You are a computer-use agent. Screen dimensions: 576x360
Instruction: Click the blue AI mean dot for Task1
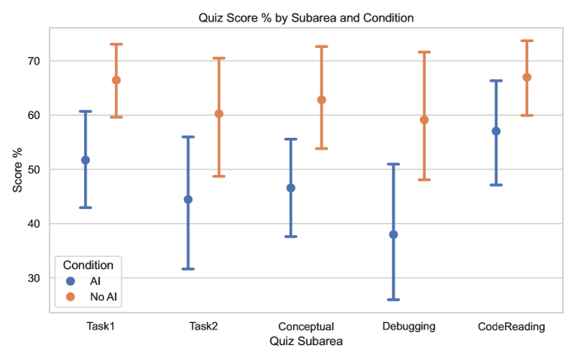(x=85, y=160)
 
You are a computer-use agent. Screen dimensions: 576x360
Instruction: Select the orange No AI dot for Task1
(x=116, y=80)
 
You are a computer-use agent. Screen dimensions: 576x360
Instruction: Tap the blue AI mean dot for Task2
(x=188, y=199)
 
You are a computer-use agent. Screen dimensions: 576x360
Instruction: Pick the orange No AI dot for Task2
(x=219, y=114)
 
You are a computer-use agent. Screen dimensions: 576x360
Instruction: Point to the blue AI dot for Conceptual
(x=290, y=188)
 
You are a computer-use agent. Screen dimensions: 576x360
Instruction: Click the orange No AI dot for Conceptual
(x=322, y=100)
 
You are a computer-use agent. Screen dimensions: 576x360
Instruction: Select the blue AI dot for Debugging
(x=394, y=234)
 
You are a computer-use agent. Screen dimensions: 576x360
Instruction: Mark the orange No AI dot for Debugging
(x=424, y=120)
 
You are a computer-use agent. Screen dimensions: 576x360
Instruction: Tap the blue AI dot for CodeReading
(x=496, y=131)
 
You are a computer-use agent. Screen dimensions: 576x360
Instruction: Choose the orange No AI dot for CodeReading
(x=526, y=78)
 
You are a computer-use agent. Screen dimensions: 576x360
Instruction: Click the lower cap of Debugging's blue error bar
(x=394, y=300)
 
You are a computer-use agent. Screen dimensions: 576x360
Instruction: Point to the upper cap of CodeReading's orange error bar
(x=526, y=40)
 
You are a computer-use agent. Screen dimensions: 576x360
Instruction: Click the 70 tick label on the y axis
(x=34, y=61)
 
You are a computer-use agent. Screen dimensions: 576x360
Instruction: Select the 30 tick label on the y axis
(x=34, y=278)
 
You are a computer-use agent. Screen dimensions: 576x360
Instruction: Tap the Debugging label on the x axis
(x=408, y=326)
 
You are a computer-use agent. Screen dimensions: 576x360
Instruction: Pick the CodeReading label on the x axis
(x=512, y=326)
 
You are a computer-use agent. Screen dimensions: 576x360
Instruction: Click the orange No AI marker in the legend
(x=70, y=296)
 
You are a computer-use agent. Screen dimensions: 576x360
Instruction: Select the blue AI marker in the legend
(x=70, y=281)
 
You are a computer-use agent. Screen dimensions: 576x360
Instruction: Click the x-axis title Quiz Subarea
(x=306, y=341)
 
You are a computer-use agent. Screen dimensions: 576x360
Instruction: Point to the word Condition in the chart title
(x=389, y=17)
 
